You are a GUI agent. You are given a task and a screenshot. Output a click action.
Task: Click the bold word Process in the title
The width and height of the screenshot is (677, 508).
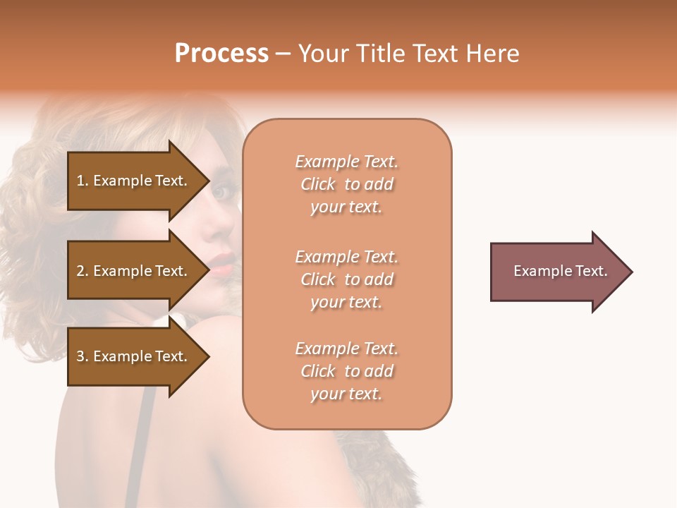point(221,54)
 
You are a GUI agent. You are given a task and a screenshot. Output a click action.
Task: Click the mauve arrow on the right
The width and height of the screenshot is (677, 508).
point(557,272)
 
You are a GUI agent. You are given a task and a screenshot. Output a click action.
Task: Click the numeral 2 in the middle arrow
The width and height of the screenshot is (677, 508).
point(80,271)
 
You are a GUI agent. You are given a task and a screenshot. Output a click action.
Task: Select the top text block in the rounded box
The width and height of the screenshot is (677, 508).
point(346,184)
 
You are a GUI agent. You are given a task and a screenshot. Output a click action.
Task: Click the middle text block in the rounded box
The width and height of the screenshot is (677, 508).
point(346,279)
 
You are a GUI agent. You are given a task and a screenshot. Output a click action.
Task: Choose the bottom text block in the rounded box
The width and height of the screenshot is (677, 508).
point(346,371)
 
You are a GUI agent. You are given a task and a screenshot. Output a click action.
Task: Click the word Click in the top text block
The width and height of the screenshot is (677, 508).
point(318,184)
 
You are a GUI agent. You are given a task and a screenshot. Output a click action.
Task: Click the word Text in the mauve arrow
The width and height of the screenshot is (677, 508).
point(591,271)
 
